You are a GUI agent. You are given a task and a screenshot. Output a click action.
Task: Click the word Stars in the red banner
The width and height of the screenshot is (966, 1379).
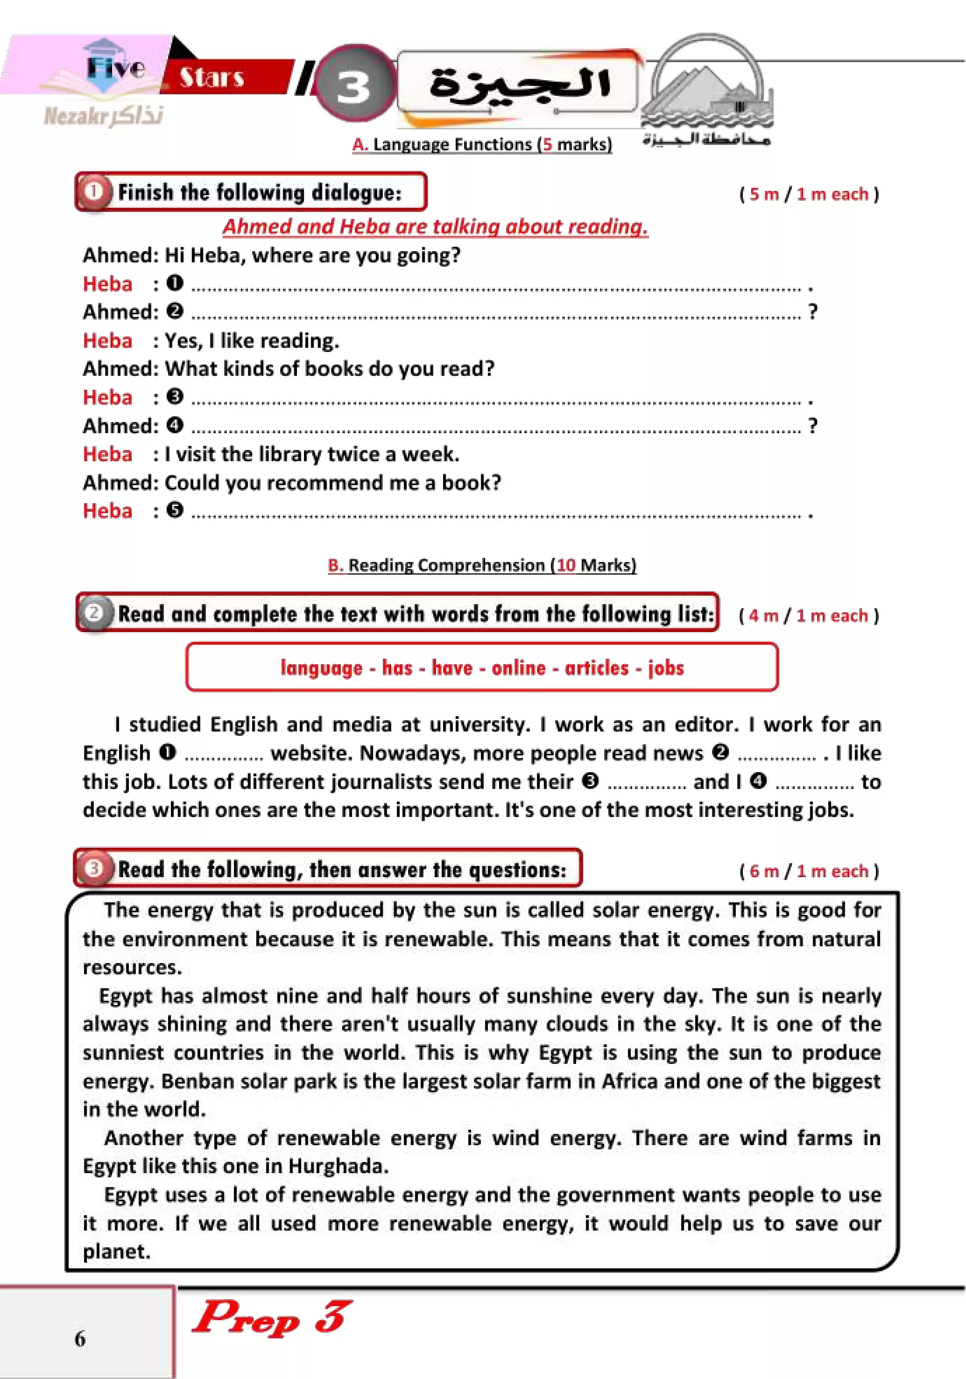212,77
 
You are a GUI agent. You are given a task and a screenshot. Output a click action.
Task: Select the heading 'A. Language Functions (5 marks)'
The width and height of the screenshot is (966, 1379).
482,144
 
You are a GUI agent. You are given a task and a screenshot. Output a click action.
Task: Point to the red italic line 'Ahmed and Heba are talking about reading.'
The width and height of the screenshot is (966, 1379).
435,226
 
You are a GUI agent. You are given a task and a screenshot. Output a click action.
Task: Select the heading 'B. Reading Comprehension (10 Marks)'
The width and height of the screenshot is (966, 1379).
482,565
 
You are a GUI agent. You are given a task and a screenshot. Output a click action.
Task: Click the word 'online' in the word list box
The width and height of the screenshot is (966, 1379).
518,668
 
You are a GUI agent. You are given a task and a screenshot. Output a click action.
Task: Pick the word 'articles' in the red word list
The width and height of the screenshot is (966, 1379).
597,668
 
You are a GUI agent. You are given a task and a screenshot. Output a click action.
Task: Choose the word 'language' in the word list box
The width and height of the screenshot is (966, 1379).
321,668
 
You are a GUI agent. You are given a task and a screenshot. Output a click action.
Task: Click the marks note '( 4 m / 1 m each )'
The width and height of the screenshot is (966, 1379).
809,616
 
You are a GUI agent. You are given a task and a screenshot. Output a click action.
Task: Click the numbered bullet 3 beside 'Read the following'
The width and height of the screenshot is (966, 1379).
94,868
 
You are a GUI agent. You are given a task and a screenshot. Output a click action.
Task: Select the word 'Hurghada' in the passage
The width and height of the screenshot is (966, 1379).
338,1167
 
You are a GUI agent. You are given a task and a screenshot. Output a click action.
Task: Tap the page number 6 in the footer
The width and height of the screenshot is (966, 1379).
80,1338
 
